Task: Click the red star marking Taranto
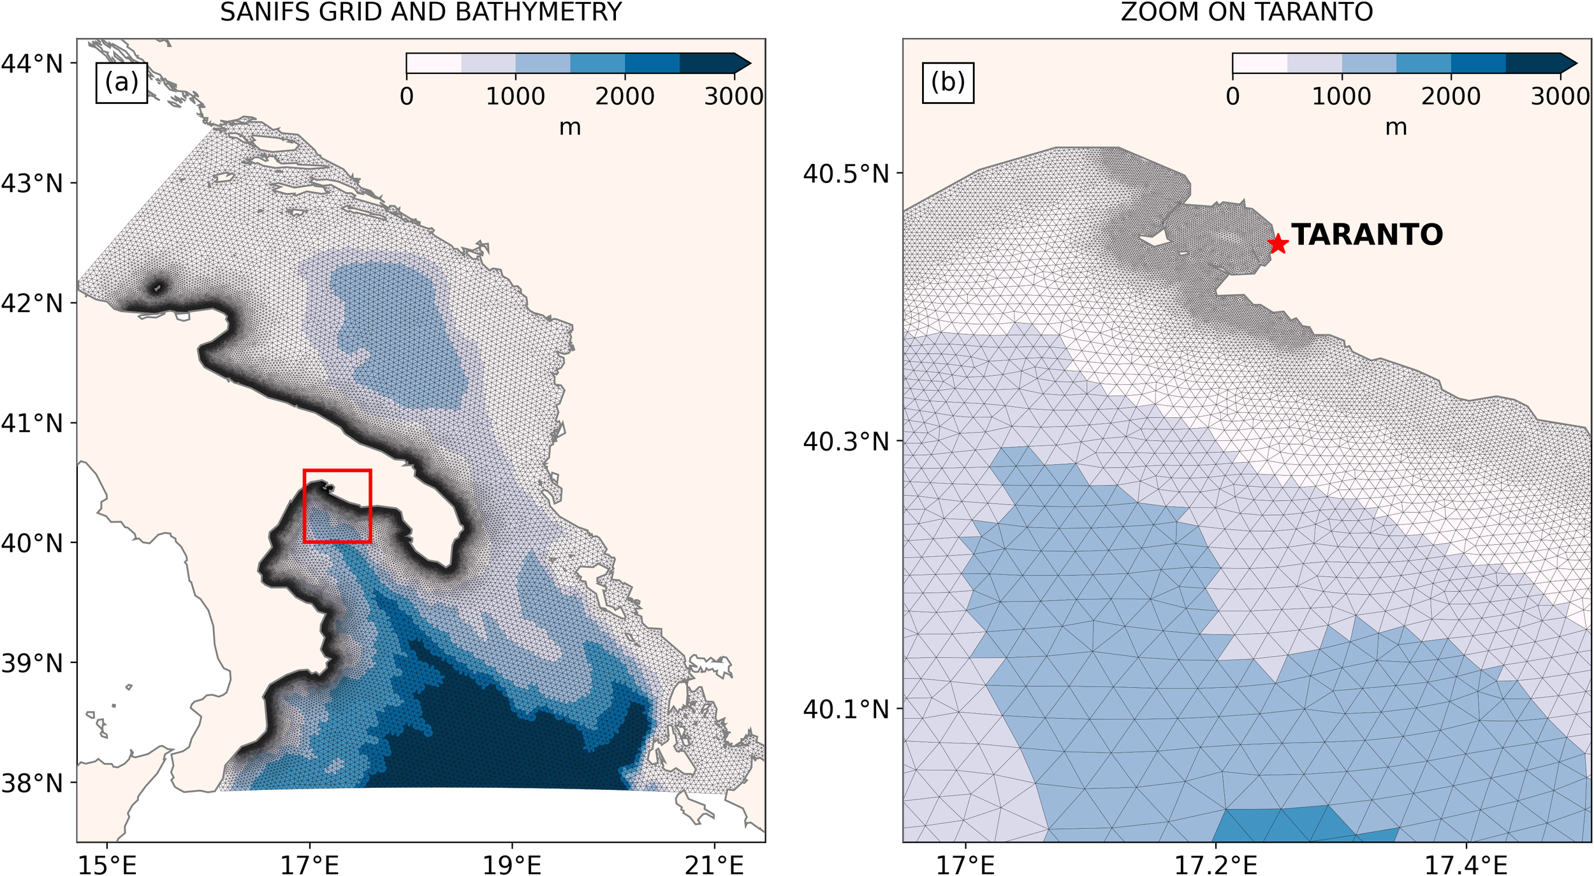pos(1278,244)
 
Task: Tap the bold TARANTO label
pos(1367,235)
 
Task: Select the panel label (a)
pos(121,82)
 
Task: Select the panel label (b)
pos(947,82)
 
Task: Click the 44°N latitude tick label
pos(32,63)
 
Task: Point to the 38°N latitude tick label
pos(32,783)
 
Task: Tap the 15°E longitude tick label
pos(107,865)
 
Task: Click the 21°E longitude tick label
pos(715,865)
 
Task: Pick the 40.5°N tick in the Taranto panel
pos(845,173)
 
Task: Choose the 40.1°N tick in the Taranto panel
pos(845,709)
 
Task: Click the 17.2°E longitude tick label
pos(1216,865)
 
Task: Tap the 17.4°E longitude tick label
pos(1466,865)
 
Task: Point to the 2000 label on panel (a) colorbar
pos(625,96)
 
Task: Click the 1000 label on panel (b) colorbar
pos(1342,96)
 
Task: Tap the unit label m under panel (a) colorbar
pos(570,127)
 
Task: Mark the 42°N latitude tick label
pos(32,303)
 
